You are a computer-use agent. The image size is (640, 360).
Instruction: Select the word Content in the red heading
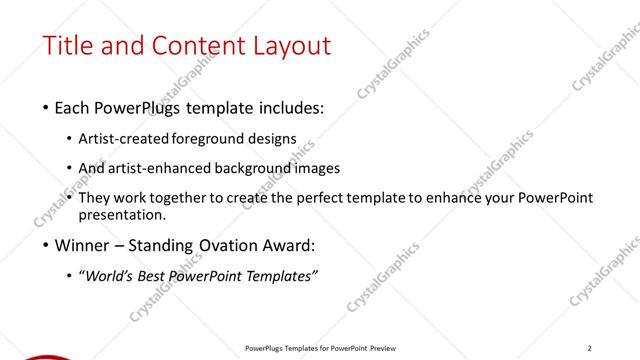pyautogui.click(x=191, y=46)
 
